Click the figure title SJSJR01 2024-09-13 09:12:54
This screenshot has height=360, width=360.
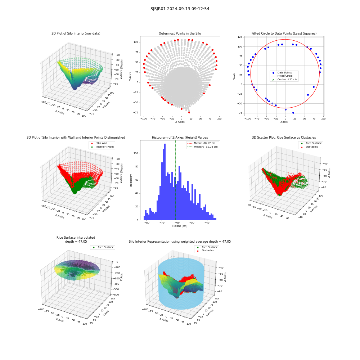point(180,9)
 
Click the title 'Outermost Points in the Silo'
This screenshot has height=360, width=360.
point(180,33)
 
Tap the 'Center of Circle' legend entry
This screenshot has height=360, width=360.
point(284,80)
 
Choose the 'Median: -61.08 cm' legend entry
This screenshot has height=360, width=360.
point(202,147)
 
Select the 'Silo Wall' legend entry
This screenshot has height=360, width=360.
point(99,143)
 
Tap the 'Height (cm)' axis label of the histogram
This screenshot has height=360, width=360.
point(180,226)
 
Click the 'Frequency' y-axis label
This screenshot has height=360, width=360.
point(131,180)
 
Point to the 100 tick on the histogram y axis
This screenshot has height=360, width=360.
point(136,153)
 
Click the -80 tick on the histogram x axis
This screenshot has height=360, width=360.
point(147,223)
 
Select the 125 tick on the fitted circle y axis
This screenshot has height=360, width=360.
point(240,37)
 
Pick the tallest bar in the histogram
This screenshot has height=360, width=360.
point(165,182)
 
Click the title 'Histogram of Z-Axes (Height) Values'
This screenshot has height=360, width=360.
point(180,138)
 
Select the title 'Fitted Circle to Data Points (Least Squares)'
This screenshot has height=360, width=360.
point(284,33)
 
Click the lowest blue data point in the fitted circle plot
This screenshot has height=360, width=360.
point(293,113)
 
